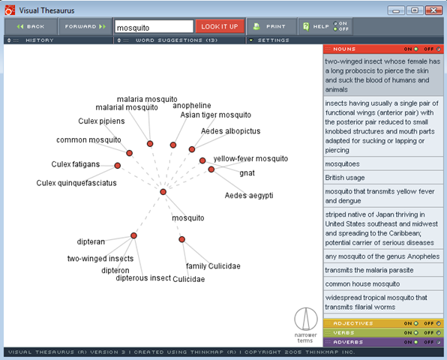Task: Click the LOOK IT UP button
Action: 220,26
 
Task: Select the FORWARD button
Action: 85,26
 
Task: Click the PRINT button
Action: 271,26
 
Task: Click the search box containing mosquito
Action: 154,27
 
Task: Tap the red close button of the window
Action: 433,10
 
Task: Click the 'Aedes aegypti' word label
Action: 249,195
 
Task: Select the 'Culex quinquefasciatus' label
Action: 76,183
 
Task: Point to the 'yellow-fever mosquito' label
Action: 250,158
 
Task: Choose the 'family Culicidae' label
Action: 213,266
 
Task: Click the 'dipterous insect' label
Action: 143,278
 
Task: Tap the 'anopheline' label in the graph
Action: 192,106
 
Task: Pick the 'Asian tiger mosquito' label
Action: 216,115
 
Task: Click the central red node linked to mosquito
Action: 163,192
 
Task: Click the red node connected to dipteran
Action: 133,235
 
